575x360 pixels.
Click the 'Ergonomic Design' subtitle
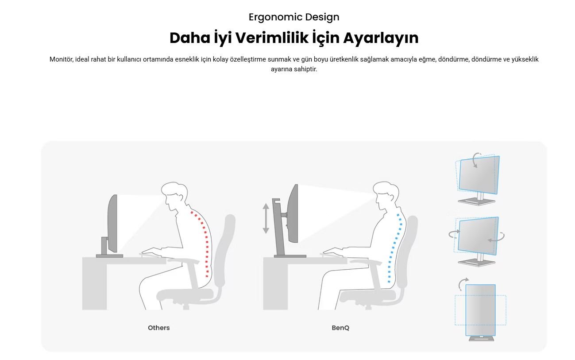(x=294, y=17)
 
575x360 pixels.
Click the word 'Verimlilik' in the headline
(x=272, y=38)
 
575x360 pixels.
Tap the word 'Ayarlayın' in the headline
(x=381, y=39)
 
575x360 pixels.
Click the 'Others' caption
(x=158, y=328)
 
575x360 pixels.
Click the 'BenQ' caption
(x=340, y=328)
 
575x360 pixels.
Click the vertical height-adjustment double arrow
(x=266, y=218)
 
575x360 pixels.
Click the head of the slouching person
(x=174, y=194)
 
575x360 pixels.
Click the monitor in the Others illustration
(x=112, y=223)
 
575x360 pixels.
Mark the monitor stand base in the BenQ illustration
(x=290, y=256)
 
